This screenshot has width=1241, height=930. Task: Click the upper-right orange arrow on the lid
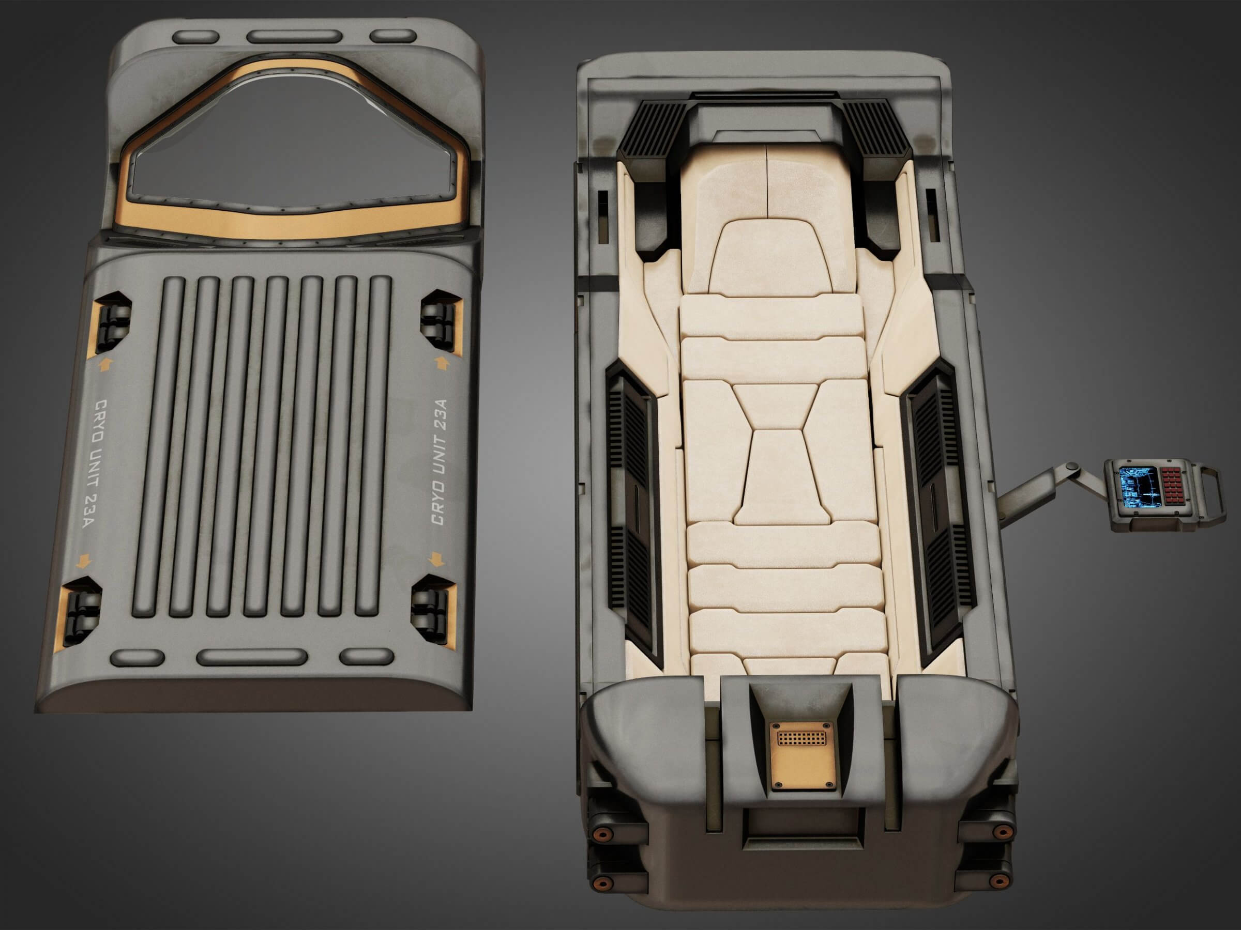(x=441, y=363)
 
